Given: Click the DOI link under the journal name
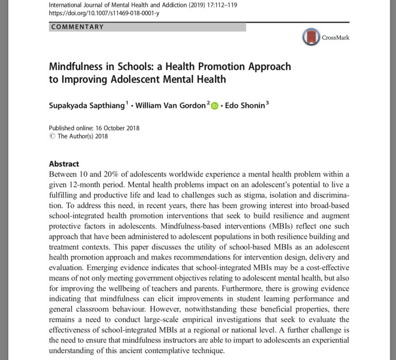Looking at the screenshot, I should click(x=104, y=13).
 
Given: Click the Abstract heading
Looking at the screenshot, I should click(x=64, y=164).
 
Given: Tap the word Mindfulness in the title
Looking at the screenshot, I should click(x=80, y=66).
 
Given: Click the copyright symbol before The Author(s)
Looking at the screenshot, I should click(x=52, y=136).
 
